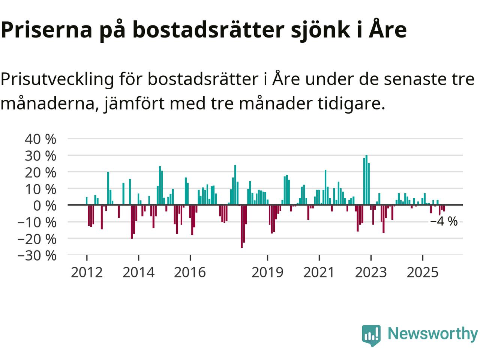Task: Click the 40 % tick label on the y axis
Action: (40, 139)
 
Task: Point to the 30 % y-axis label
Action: (40, 156)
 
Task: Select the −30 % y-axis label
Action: (37, 255)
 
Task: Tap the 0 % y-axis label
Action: (45, 205)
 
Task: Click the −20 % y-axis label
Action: (37, 239)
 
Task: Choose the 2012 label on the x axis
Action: (87, 272)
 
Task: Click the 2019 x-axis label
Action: (267, 272)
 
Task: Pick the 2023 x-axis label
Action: (371, 272)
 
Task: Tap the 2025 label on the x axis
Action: (423, 272)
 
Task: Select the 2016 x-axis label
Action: (190, 272)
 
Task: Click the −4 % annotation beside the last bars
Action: (444, 222)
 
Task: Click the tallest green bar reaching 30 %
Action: (366, 180)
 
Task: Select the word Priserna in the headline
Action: (46, 30)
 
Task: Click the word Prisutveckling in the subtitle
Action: (57, 79)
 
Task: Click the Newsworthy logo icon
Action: (371, 335)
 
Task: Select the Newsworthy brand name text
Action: (432, 333)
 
